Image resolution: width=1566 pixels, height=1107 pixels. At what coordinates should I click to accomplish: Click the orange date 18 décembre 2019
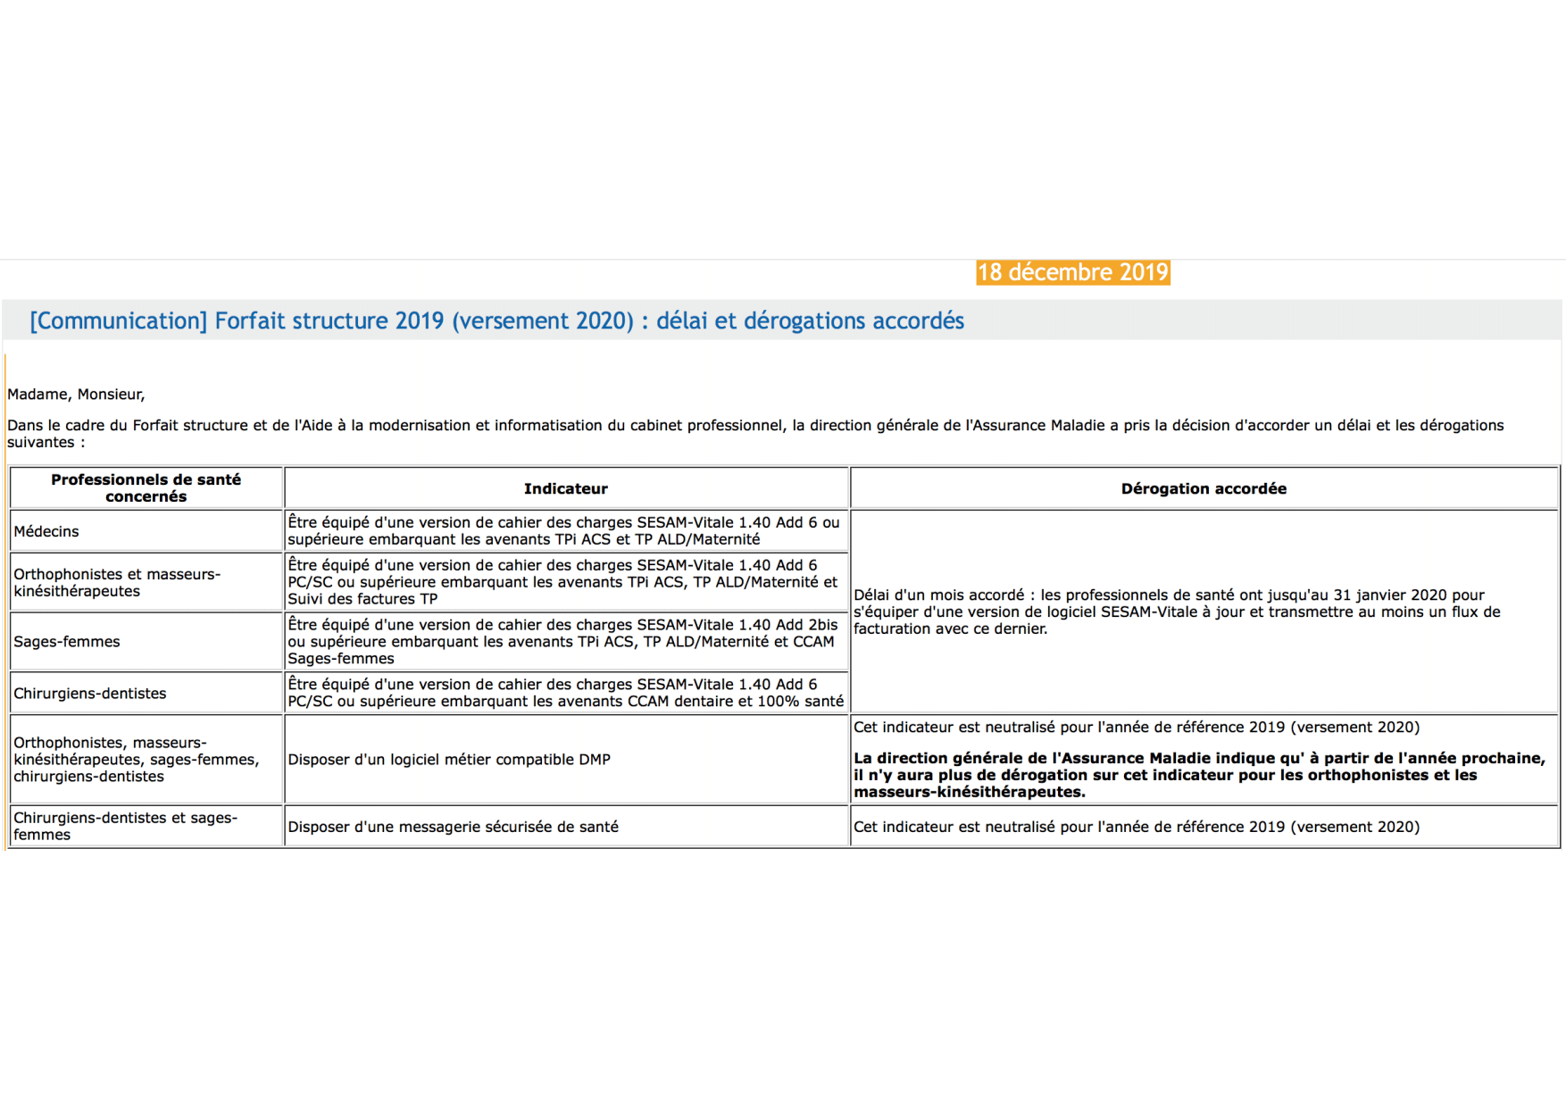(x=1072, y=272)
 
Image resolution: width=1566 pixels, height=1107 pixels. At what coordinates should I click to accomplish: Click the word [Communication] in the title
(x=118, y=321)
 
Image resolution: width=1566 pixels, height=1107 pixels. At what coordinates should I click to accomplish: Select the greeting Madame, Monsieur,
(x=76, y=395)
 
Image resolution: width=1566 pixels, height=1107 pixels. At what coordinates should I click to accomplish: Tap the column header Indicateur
(x=565, y=488)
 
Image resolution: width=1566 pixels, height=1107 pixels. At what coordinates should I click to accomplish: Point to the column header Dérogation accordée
(x=1203, y=488)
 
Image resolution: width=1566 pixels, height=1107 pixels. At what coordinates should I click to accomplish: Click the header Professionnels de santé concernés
(x=146, y=488)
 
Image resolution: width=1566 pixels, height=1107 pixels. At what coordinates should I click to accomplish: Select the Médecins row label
(x=46, y=531)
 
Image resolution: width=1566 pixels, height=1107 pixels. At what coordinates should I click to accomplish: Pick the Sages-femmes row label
(x=67, y=642)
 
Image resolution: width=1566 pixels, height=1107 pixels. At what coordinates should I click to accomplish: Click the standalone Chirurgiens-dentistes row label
(x=90, y=694)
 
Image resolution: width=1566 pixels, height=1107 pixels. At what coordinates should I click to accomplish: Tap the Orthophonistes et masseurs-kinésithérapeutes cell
(x=117, y=583)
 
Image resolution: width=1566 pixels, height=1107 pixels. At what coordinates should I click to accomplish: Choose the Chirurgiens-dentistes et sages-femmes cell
(x=125, y=826)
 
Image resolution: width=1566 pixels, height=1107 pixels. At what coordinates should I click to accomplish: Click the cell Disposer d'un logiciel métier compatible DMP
(x=449, y=760)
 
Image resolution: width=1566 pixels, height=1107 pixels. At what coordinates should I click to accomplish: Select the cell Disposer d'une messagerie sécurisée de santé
(x=453, y=827)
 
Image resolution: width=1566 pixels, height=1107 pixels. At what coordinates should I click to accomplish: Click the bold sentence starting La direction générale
(x=1198, y=775)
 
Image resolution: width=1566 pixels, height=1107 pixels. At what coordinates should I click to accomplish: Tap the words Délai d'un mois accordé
(x=938, y=595)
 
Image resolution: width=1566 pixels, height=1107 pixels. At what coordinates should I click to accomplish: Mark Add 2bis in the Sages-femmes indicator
(x=806, y=625)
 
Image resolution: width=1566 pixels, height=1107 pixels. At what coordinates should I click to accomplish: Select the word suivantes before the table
(x=40, y=443)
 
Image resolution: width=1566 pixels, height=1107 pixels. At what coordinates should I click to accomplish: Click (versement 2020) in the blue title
(x=543, y=321)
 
